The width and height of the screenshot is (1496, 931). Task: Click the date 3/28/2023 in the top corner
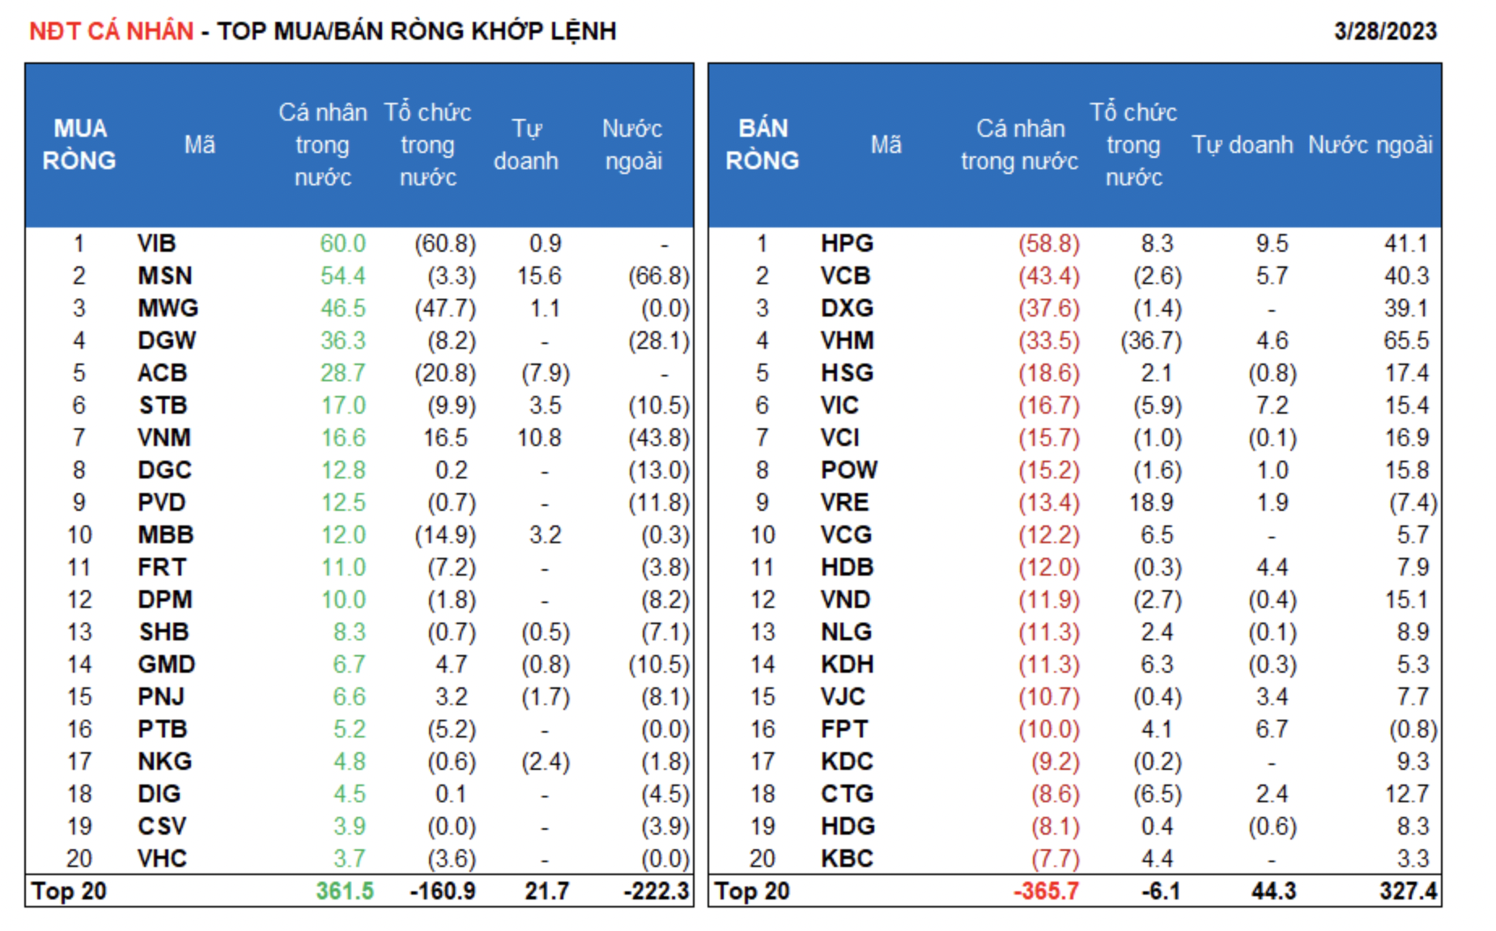[1384, 32]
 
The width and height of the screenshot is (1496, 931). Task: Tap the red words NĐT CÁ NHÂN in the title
[112, 32]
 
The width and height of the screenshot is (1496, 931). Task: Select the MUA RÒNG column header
[79, 145]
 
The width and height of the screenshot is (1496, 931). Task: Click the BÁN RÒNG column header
[762, 145]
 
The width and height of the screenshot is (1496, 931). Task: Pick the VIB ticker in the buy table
[156, 244]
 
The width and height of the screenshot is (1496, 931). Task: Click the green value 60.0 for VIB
[342, 244]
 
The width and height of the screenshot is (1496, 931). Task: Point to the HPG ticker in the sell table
[847, 244]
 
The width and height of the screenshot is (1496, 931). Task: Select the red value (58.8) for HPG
[1048, 244]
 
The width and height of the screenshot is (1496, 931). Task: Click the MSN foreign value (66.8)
[658, 276]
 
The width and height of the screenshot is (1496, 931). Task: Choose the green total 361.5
[344, 891]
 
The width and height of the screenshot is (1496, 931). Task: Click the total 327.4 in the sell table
[1408, 891]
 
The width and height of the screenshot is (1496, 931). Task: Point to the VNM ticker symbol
[164, 438]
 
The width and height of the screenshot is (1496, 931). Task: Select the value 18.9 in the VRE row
[1151, 503]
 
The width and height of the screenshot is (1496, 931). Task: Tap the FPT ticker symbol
[844, 729]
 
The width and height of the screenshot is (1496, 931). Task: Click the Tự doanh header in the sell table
[1242, 145]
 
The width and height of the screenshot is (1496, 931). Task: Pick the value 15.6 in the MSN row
[539, 276]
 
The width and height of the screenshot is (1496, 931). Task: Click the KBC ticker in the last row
[847, 859]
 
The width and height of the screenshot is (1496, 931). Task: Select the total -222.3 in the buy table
[656, 891]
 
